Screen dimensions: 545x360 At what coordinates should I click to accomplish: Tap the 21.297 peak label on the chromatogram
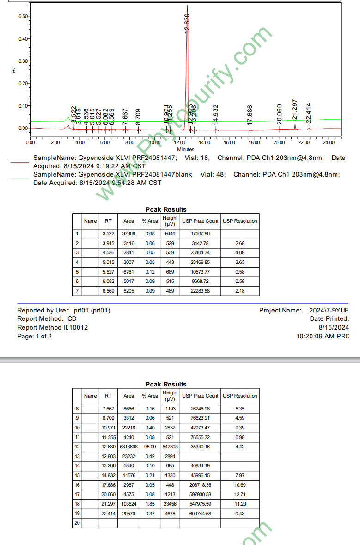[x=294, y=109]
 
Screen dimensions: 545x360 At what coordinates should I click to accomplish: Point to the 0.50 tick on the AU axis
[x=23, y=16]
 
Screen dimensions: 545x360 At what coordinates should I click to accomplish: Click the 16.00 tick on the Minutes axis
[x=229, y=142]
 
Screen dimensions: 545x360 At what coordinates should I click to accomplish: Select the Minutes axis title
[x=185, y=149]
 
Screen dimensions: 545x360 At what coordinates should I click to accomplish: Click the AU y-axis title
[x=13, y=69]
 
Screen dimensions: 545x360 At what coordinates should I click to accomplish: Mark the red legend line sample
[x=19, y=162]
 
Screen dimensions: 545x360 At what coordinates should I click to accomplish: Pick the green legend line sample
[x=19, y=179]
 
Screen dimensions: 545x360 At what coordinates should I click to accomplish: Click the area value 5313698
[x=128, y=447]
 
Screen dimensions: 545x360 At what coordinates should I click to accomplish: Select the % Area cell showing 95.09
[x=150, y=447]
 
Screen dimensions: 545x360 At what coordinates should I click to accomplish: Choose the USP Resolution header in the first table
[x=240, y=221]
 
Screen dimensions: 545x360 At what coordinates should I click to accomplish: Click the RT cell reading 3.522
[x=108, y=233]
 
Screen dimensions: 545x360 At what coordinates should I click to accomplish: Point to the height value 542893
[x=170, y=447]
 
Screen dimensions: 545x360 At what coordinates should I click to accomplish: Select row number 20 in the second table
[x=77, y=523]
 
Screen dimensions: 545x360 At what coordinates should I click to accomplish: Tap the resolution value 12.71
[x=240, y=494]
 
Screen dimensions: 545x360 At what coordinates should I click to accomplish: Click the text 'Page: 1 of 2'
[x=35, y=336]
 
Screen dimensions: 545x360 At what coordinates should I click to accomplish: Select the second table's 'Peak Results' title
[x=166, y=384]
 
